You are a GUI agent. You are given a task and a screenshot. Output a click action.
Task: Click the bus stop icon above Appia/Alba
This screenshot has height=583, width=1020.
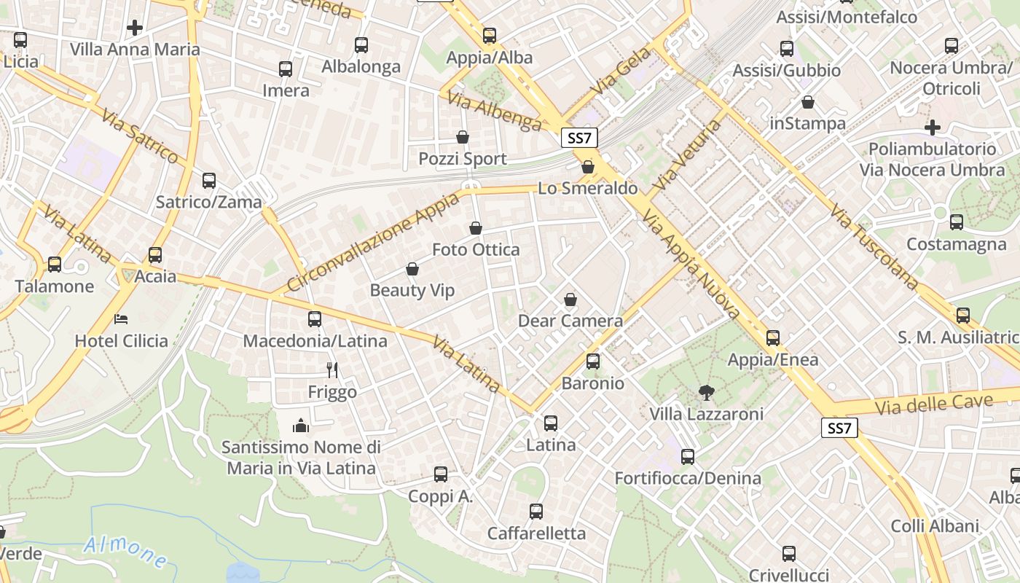490,35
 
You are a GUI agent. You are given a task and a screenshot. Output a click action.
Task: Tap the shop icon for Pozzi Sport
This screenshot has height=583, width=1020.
462,137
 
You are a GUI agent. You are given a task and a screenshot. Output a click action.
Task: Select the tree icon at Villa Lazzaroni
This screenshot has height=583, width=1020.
706,393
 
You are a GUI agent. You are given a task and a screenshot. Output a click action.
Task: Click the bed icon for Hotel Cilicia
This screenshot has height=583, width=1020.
121,319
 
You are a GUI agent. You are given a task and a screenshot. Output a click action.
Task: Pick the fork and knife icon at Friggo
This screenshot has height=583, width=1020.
332,370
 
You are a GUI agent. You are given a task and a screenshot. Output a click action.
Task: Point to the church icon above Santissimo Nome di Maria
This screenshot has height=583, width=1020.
301,425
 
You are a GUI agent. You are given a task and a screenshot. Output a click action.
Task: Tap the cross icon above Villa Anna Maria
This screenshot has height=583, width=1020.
135,28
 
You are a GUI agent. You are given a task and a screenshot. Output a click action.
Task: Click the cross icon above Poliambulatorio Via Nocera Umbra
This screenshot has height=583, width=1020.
932,128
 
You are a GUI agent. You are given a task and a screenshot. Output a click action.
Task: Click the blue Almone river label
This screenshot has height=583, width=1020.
126,552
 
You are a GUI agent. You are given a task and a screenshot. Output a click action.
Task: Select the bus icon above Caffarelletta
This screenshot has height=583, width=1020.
536,512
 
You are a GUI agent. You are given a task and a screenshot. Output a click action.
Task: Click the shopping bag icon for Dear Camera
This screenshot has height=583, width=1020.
570,300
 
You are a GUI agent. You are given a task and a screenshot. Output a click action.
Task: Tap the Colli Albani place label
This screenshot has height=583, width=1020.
934,526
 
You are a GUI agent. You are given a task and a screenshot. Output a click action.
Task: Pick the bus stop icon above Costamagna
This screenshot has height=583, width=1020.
956,222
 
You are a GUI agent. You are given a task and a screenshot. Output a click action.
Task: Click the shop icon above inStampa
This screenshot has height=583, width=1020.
807,102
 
